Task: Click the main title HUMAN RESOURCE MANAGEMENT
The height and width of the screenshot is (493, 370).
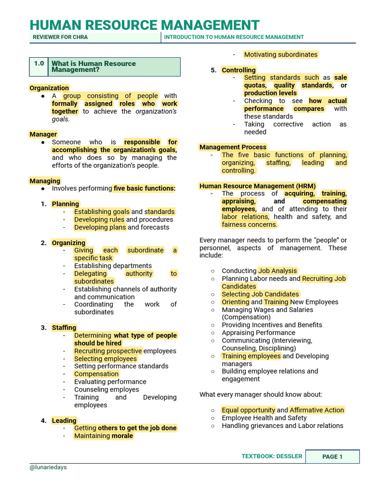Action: pos(145,25)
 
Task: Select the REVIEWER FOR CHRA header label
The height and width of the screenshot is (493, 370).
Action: pos(60,37)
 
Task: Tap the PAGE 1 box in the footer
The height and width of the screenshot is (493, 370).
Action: pos(332,456)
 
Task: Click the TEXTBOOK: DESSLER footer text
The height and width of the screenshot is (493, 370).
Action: pos(272,456)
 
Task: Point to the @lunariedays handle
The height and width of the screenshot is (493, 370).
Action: pos(48,467)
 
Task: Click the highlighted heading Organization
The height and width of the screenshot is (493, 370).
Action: pos(49,88)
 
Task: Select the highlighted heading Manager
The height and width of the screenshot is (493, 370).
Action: pos(43,134)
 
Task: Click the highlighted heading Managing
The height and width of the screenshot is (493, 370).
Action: pos(45,181)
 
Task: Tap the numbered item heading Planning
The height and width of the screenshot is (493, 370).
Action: pos(65,204)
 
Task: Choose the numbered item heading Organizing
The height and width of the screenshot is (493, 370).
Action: pos(68,243)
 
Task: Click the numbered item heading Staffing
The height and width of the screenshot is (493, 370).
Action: pos(64,328)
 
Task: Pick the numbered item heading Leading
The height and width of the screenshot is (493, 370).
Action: pos(64,421)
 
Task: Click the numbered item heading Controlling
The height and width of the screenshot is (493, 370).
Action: pos(238,70)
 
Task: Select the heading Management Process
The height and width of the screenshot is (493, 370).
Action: pos(233,147)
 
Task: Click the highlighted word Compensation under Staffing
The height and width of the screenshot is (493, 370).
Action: pos(96,374)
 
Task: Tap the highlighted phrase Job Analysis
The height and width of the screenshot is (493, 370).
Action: pos(277,271)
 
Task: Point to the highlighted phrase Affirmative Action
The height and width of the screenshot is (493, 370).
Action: pos(317,410)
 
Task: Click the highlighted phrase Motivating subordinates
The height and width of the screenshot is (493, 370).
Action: pos(280,55)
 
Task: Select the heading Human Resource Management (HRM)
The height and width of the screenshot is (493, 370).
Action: pos(258,186)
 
